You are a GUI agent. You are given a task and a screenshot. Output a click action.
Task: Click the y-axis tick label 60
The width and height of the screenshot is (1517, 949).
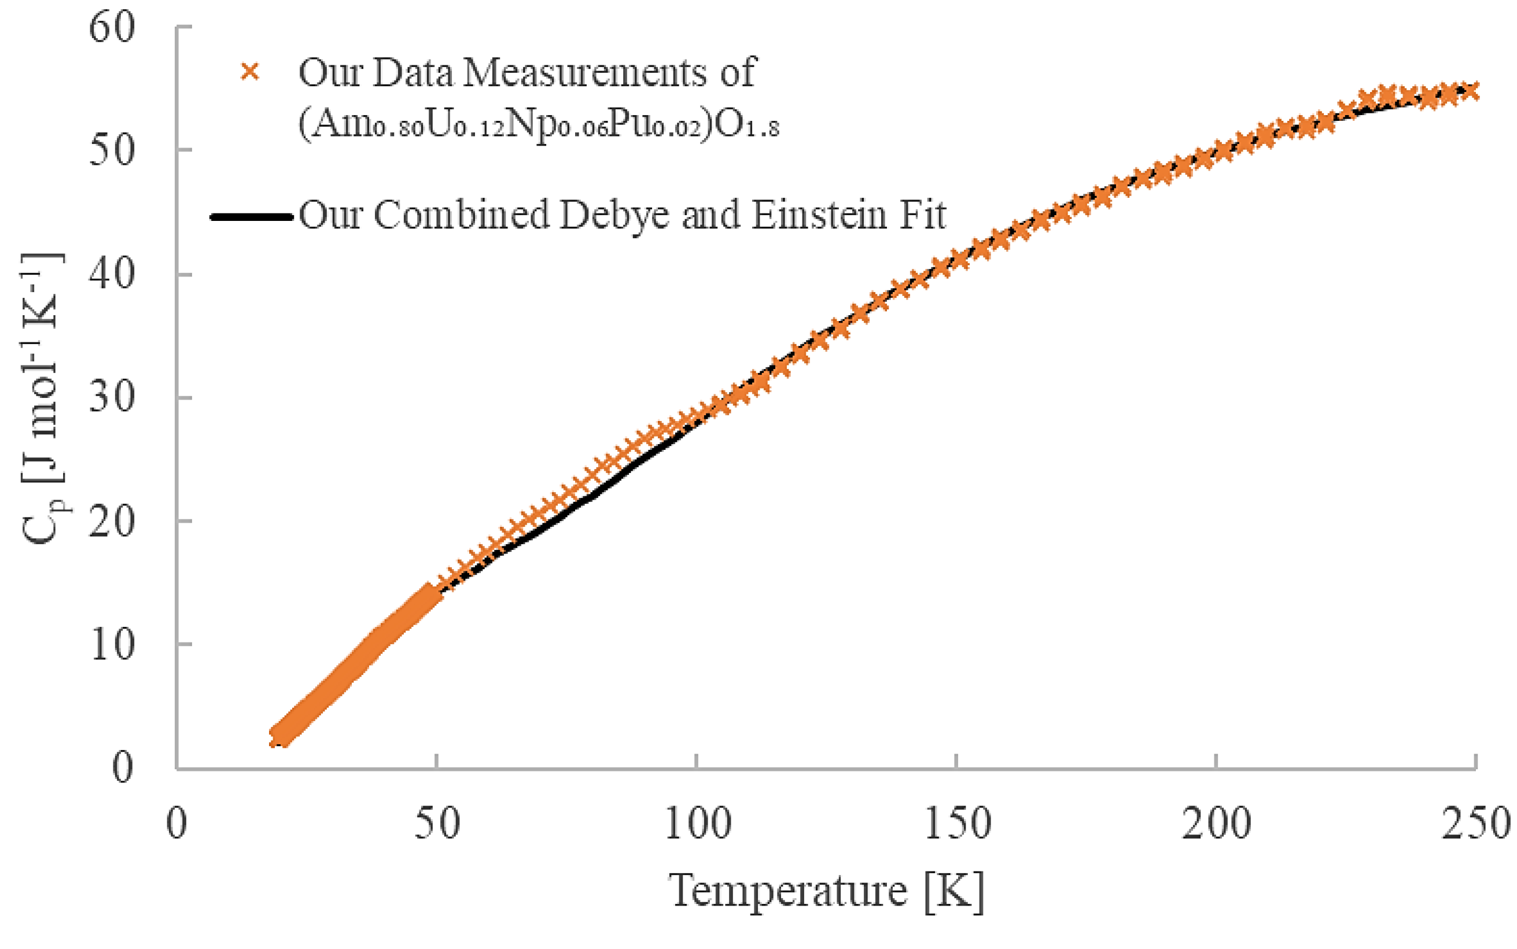click(112, 28)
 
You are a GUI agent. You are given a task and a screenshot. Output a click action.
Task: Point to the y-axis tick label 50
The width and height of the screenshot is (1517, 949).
click(112, 152)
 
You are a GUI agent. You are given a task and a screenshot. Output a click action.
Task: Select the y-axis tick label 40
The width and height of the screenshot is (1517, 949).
click(112, 275)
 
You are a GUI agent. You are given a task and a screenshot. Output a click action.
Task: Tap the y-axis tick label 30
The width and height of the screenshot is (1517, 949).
click(112, 398)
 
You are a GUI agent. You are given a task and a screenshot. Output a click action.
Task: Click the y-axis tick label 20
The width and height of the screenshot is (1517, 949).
click(112, 522)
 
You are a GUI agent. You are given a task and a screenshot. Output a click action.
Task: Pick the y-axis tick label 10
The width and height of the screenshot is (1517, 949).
click(112, 645)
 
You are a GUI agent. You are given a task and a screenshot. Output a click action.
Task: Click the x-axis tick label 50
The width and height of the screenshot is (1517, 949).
click(436, 824)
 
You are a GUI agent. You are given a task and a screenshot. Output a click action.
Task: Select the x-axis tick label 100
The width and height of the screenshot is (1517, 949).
click(697, 824)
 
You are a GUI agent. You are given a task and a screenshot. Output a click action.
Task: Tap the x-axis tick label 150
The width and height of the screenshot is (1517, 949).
click(957, 824)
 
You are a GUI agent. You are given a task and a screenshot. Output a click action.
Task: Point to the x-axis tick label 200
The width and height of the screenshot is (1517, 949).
click(1216, 824)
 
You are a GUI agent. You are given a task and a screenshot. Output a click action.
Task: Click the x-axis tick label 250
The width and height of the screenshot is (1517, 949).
click(1475, 824)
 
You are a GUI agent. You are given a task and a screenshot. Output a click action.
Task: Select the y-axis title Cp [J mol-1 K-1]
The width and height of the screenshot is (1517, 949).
click(43, 398)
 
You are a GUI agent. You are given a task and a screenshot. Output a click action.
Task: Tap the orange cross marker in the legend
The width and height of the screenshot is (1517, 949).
click(250, 72)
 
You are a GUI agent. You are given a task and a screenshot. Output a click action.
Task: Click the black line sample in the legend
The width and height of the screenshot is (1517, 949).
click(251, 217)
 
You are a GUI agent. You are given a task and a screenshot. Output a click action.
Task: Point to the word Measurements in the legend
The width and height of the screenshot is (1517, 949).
click(587, 73)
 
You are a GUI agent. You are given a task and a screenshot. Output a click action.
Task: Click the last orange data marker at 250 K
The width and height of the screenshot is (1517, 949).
click(1470, 91)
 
